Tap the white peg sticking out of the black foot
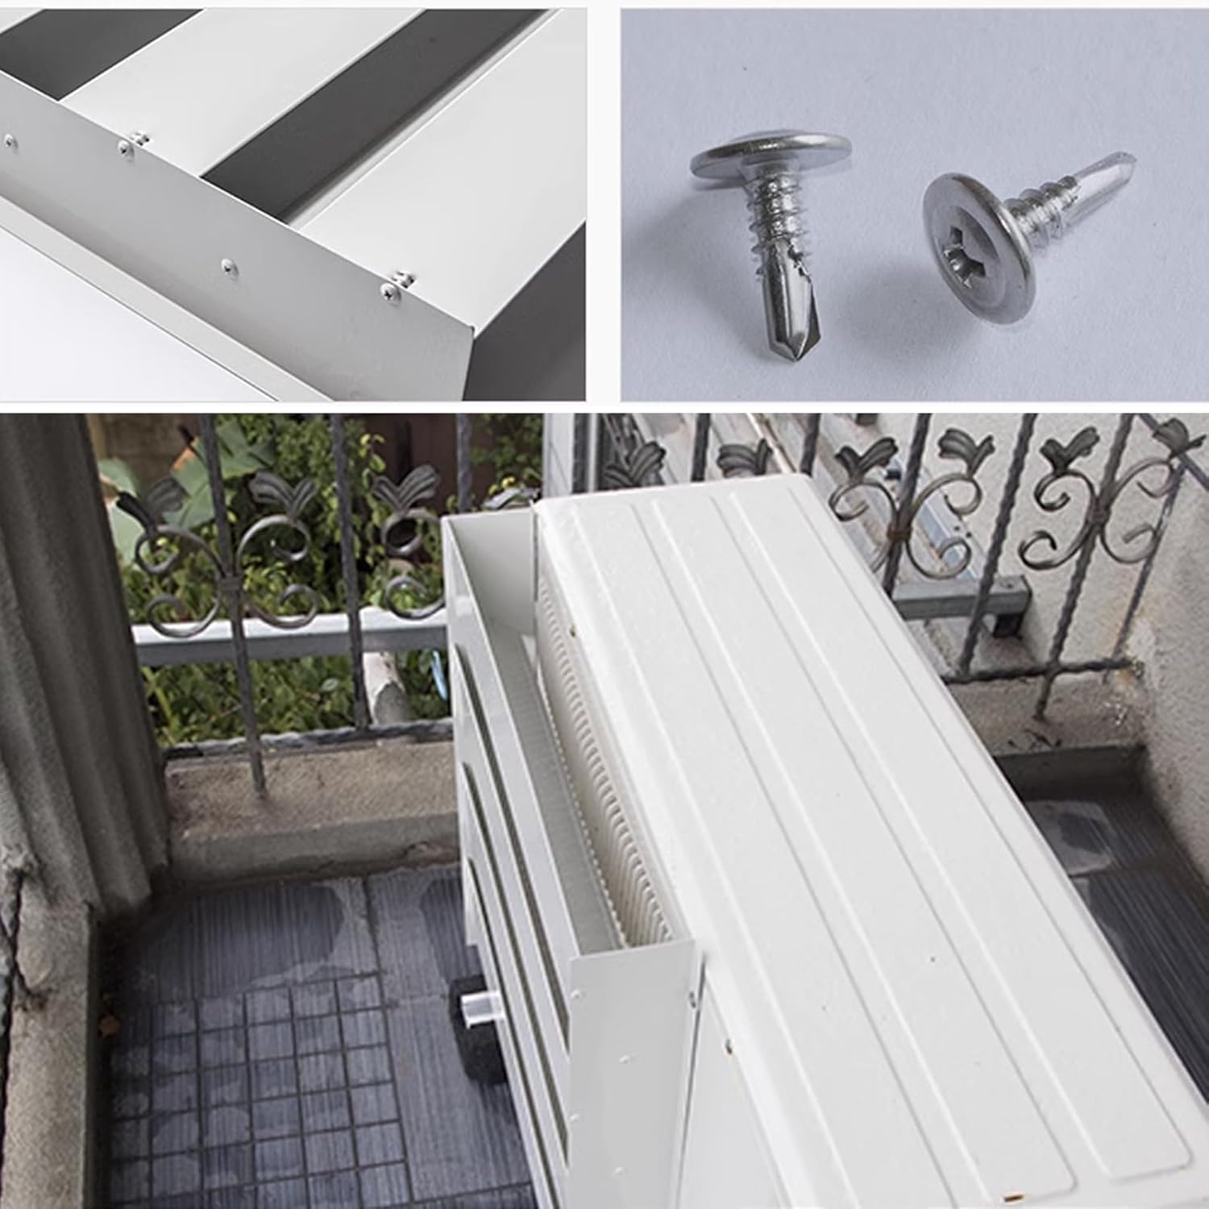tap(474, 1008)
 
